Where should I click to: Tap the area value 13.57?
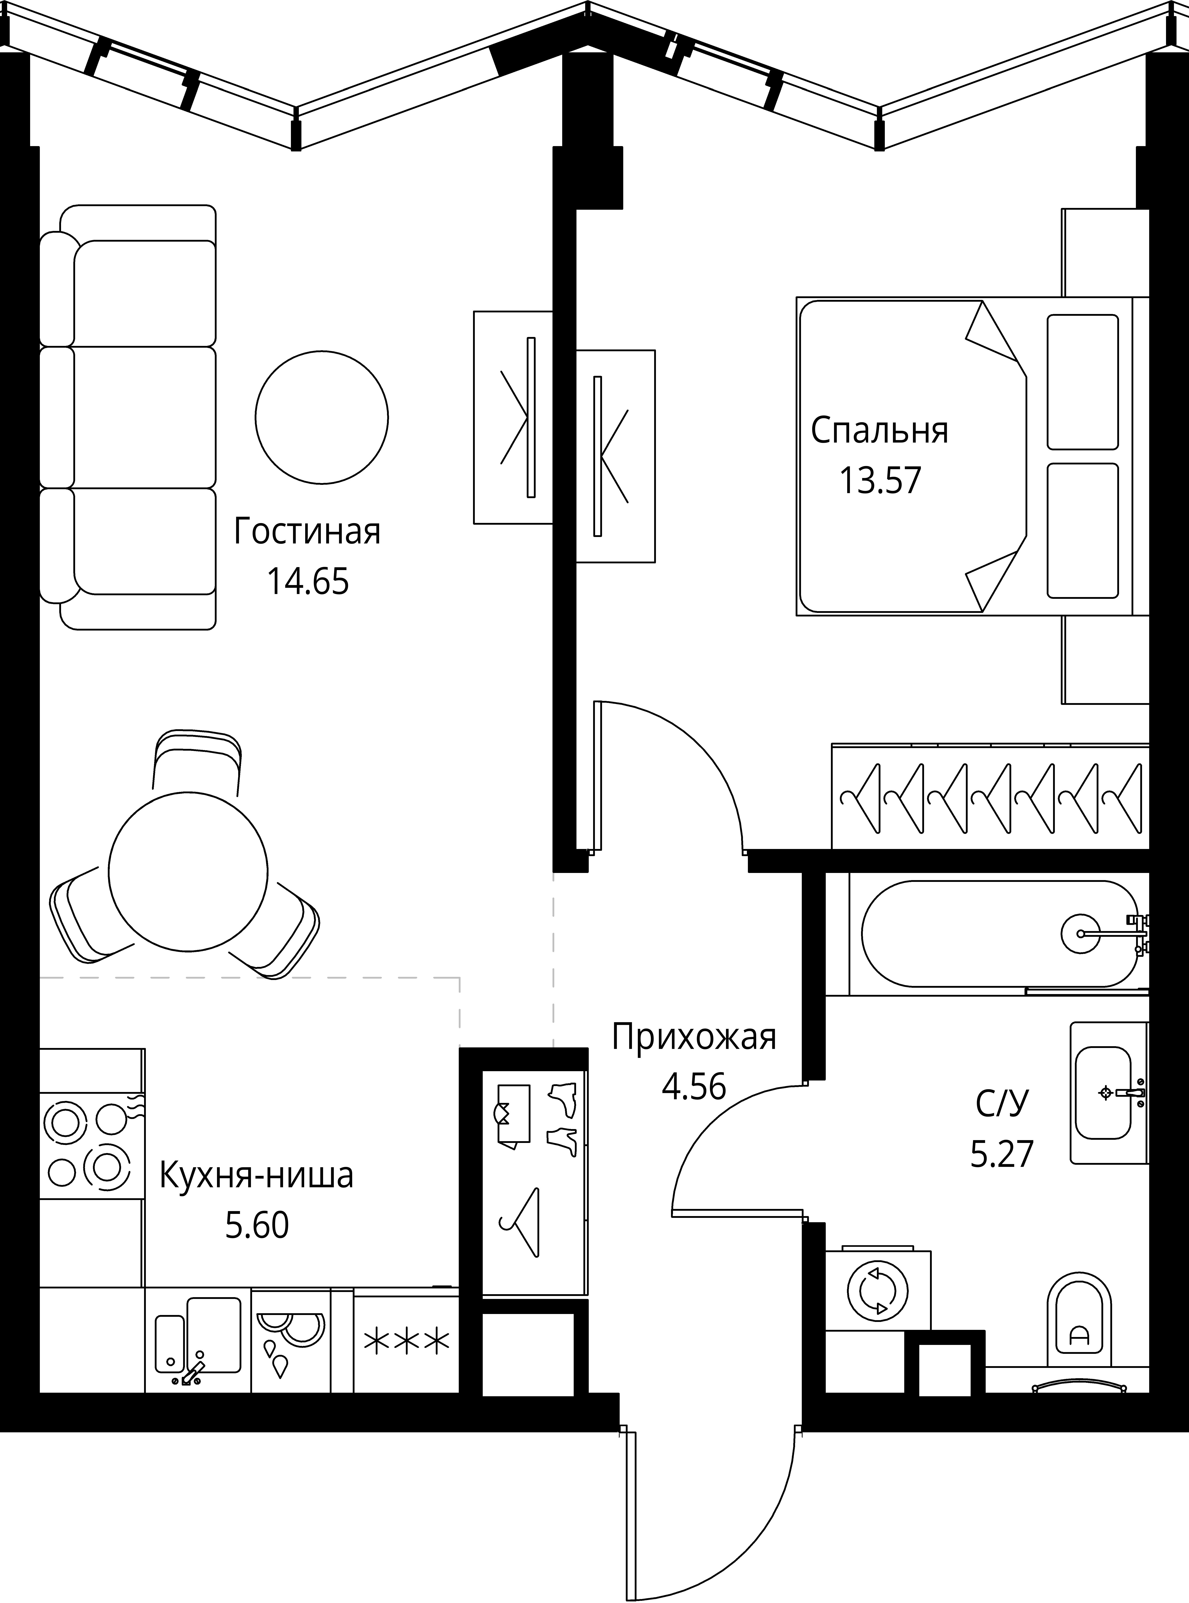pos(879,481)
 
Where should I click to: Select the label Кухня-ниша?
pos(256,1175)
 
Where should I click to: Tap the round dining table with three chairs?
pos(188,872)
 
